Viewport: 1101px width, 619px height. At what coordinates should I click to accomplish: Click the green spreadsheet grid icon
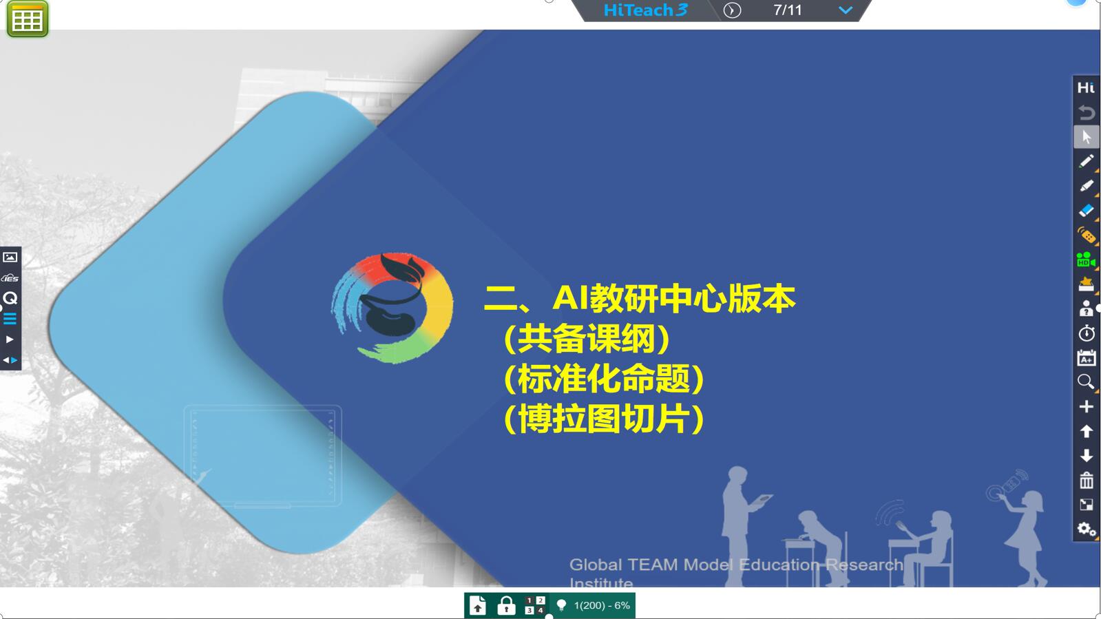tap(28, 19)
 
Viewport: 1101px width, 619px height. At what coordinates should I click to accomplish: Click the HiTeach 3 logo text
tap(645, 10)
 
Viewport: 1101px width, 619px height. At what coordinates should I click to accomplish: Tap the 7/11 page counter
tap(788, 10)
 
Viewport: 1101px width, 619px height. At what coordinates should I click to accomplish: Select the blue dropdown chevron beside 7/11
tap(846, 10)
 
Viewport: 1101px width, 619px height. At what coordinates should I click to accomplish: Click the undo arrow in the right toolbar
tap(1087, 113)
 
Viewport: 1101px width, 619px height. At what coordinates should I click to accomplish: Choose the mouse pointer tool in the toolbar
tap(1087, 137)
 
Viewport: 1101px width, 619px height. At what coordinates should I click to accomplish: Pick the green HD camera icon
tap(1086, 260)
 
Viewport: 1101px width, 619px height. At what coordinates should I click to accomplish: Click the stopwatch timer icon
tap(1087, 333)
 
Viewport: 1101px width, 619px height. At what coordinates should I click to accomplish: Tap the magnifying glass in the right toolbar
tap(1086, 381)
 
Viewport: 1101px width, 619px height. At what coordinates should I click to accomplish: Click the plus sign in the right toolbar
tap(1087, 407)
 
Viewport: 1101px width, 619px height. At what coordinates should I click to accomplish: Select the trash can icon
tap(1087, 480)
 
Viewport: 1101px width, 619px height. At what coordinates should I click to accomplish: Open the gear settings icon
tap(1087, 529)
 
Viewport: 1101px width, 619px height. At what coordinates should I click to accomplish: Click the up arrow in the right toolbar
tap(1087, 431)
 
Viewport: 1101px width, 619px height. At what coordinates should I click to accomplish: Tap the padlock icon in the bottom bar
tap(506, 606)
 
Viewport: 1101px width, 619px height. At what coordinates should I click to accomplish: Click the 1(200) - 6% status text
tap(602, 605)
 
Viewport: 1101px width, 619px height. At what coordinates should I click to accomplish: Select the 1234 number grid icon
tap(535, 605)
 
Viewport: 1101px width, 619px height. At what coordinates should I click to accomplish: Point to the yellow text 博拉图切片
tap(604, 419)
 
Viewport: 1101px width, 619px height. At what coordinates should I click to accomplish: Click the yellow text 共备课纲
tap(587, 339)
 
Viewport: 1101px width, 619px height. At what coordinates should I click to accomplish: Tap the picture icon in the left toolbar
tap(10, 257)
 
